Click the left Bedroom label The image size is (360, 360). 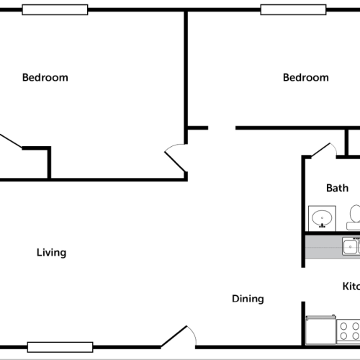click(45, 78)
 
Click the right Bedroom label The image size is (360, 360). click(305, 78)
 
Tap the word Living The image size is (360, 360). click(52, 253)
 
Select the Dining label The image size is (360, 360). click(248, 299)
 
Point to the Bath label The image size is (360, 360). click(337, 189)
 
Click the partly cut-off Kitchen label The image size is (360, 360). click(350, 287)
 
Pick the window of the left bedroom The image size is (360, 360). click(55, 9)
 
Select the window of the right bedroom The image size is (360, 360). click(292, 9)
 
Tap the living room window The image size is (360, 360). click(60, 347)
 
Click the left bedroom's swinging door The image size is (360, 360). click(175, 158)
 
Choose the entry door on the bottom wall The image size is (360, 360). click(177, 337)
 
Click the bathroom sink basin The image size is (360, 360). click(320, 216)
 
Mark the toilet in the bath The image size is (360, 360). click(355, 215)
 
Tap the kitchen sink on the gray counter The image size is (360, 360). click(351, 247)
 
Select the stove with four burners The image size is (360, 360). click(349, 331)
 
